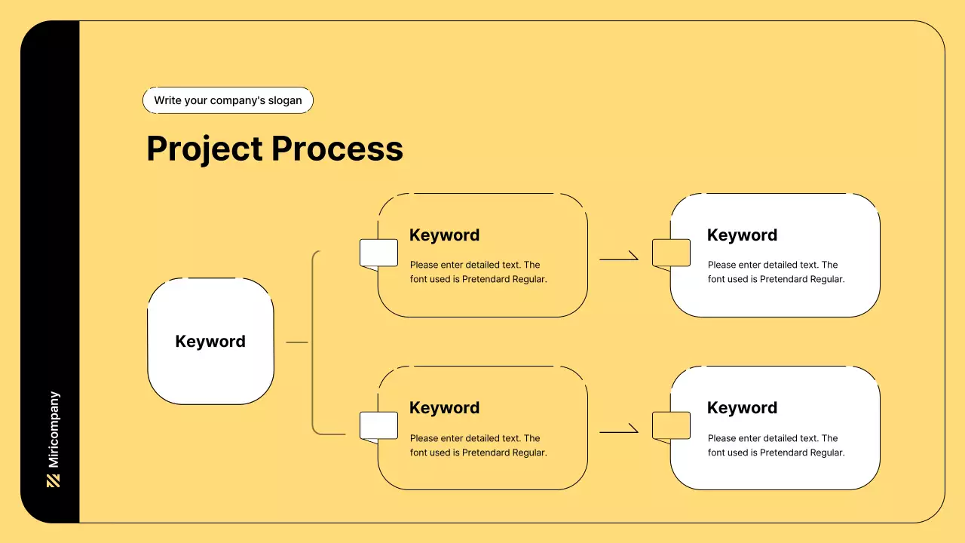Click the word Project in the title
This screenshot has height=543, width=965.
point(204,149)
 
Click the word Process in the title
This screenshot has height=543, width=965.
point(337,149)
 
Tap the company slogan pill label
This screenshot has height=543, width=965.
point(228,100)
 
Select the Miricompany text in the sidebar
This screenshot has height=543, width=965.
point(54,430)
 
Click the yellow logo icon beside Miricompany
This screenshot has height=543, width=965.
point(54,480)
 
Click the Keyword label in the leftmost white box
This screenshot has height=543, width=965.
point(210,341)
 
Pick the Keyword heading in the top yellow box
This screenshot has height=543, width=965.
point(444,235)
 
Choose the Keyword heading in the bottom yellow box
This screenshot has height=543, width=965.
point(444,408)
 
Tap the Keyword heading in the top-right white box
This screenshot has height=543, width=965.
point(742,235)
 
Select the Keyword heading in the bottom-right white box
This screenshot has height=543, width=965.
point(742,408)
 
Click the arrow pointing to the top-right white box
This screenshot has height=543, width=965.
point(619,259)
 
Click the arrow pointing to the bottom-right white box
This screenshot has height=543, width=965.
point(619,431)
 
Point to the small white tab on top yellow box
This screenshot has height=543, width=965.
point(378,253)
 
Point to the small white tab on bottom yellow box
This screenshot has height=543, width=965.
point(378,425)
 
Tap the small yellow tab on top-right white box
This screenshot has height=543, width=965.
point(671,253)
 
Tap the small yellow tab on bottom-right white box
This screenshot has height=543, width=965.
point(671,425)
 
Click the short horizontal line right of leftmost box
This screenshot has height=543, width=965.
point(297,342)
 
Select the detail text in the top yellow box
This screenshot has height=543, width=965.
point(478,271)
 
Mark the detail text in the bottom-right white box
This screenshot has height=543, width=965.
point(776,445)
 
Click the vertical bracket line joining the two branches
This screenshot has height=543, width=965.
point(313,342)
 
